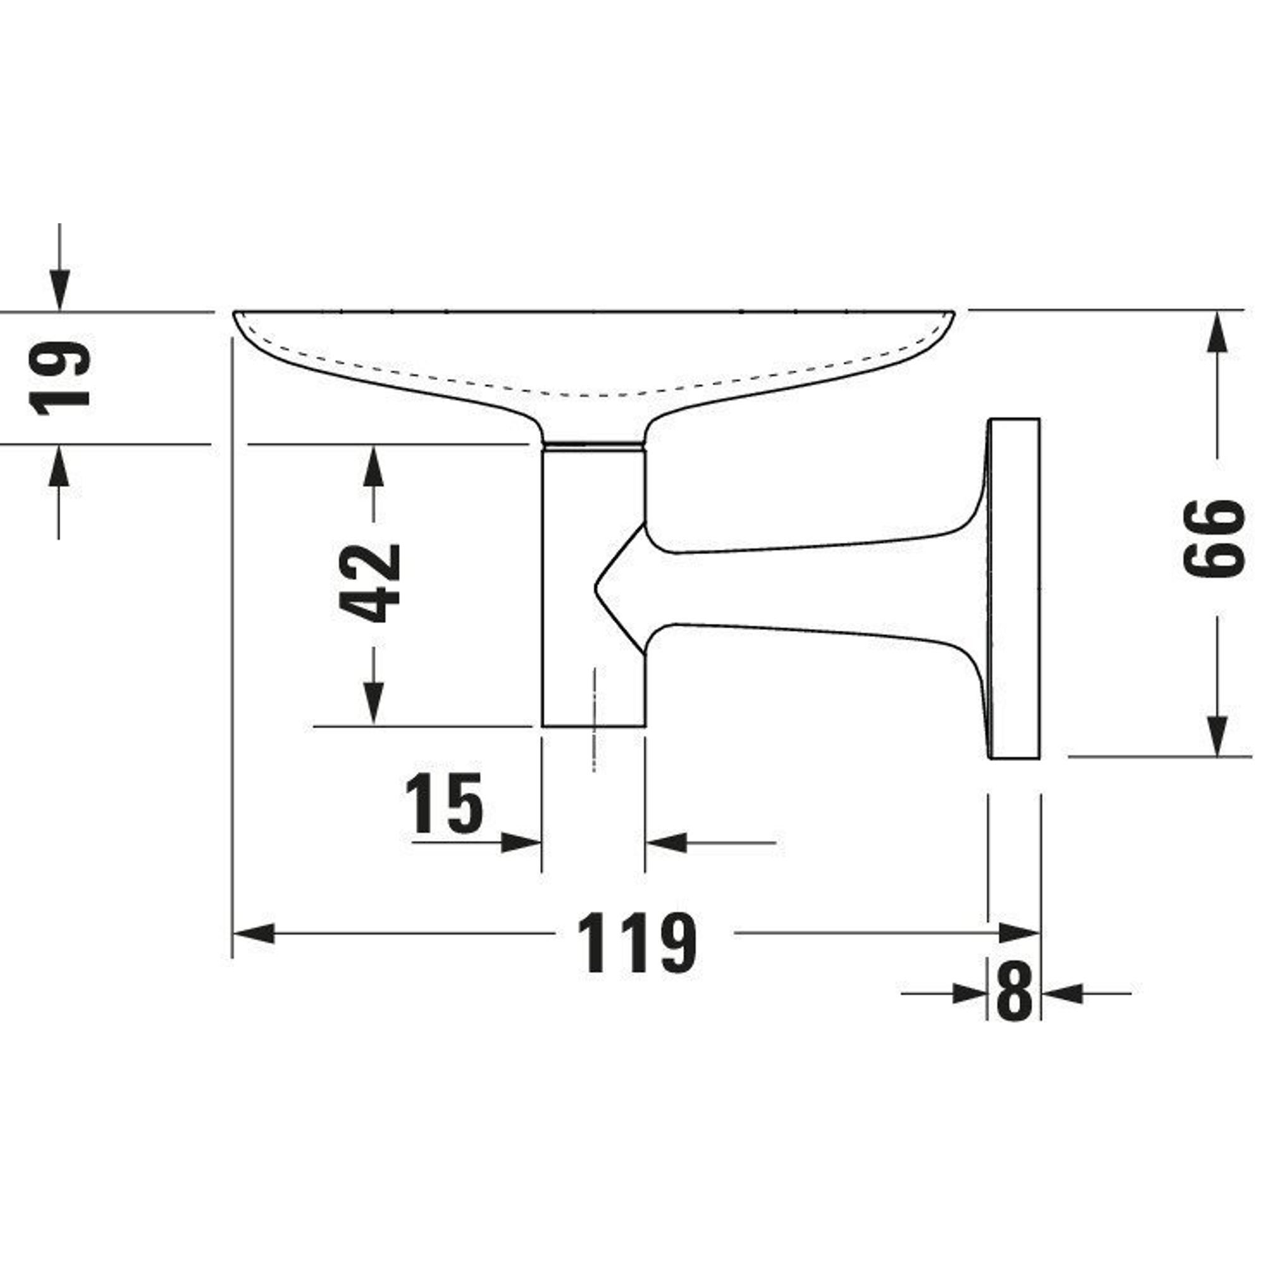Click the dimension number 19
pos(59,378)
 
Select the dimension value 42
pos(371,583)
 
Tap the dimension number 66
pos(1214,538)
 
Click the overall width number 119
pos(639,943)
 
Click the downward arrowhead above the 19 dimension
pos(59,290)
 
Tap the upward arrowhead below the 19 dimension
pos(59,466)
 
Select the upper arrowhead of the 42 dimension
pos(373,466)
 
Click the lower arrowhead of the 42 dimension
pos(373,704)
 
